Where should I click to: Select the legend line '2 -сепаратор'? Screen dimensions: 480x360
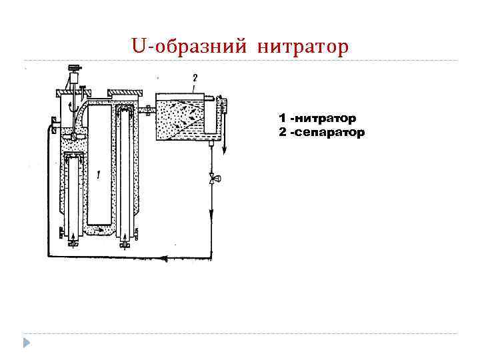coord(321,132)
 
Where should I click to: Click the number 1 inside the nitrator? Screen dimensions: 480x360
coord(99,175)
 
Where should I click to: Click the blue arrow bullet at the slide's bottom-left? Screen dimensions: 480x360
coord(26,343)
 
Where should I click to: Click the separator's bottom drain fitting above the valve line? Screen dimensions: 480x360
coord(210,141)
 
